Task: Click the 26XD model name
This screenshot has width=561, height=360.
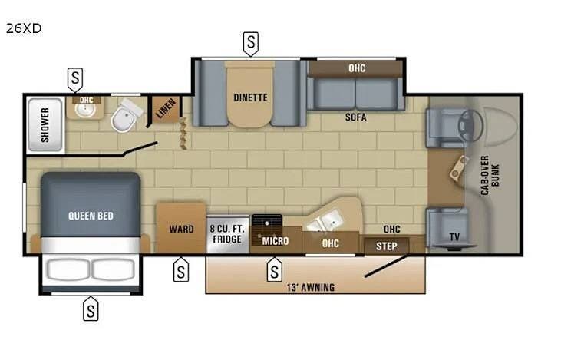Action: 24,28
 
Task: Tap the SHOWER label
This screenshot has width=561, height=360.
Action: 45,125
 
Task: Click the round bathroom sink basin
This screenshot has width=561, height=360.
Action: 85,111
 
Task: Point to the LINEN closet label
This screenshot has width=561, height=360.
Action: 166,108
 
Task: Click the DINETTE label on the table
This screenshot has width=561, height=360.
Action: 250,97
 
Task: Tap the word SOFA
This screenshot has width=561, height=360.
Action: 355,117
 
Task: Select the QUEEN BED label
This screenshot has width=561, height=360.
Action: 91,216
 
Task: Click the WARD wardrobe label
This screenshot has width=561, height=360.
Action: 181,229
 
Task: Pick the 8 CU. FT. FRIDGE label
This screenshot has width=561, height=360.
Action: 227,234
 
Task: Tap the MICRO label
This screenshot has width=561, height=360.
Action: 276,241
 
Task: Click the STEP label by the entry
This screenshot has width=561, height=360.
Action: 386,246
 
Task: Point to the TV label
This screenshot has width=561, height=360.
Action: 454,236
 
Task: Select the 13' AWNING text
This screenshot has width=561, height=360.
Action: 311,287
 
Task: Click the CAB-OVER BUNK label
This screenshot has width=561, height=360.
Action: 490,175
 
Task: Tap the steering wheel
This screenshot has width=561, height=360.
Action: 471,125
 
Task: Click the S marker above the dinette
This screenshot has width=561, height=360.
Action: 251,42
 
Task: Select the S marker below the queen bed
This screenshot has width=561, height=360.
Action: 91,310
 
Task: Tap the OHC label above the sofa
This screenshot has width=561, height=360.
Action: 357,68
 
